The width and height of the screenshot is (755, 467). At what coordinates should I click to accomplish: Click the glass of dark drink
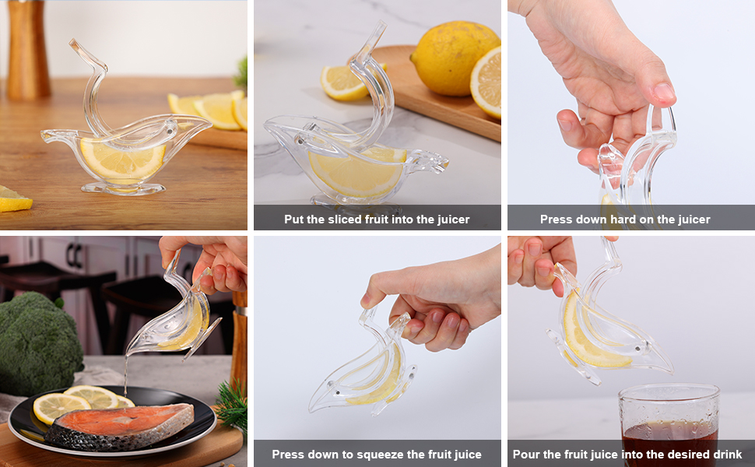tap(669, 424)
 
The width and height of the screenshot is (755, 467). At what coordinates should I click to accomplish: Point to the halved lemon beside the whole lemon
tap(486, 82)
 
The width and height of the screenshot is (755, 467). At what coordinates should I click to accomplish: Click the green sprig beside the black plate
tap(231, 405)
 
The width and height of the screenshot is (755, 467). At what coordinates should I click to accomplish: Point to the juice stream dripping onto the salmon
tap(125, 377)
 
